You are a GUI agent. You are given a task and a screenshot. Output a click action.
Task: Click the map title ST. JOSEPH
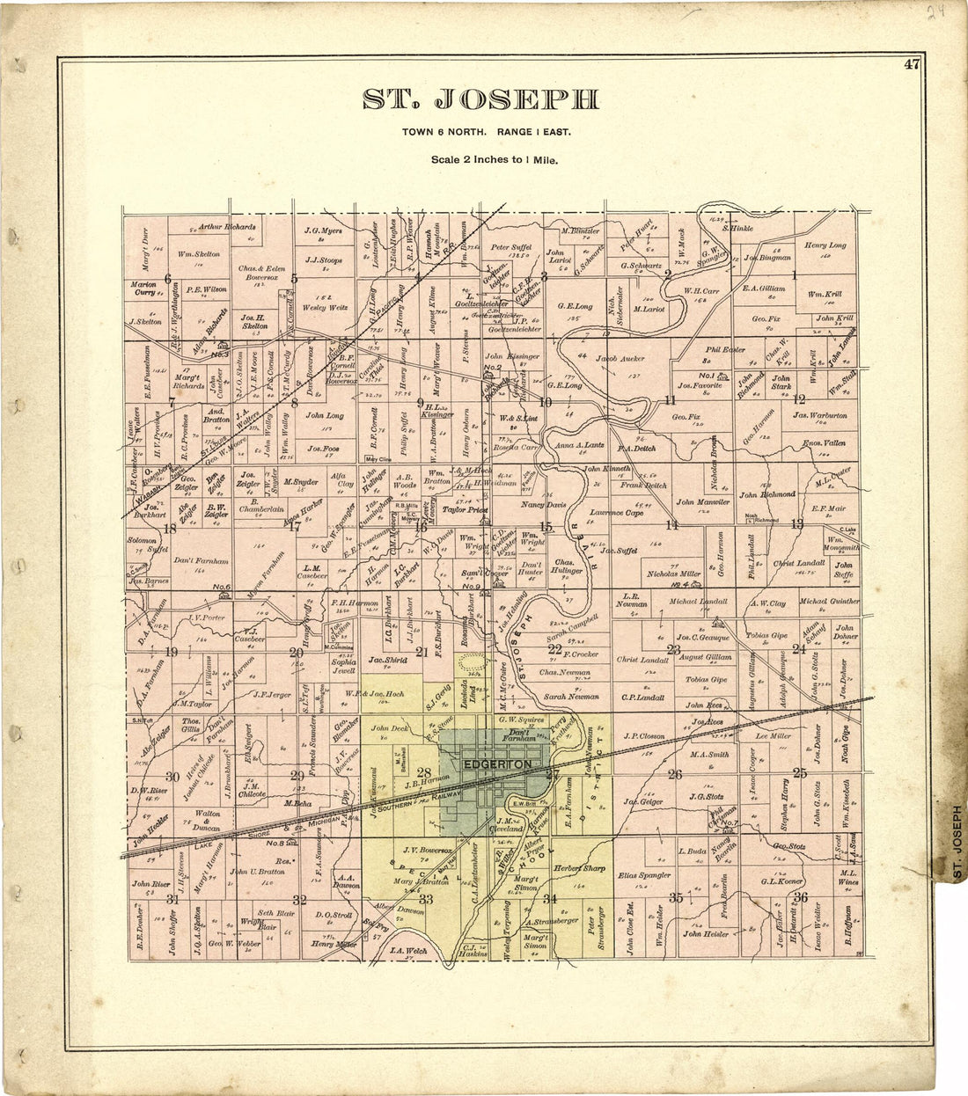tap(481, 99)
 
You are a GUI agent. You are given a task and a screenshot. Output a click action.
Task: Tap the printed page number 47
tap(911, 63)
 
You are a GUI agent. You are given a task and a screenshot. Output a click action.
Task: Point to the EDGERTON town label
tap(497, 765)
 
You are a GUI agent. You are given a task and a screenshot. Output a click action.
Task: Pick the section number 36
tap(801, 896)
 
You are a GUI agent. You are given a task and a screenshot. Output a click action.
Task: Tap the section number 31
tap(173, 898)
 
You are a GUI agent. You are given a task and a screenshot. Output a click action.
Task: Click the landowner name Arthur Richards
tap(227, 226)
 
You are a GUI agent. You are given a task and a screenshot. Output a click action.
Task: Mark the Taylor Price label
tap(466, 508)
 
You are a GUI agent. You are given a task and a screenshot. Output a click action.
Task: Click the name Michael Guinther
tap(829, 602)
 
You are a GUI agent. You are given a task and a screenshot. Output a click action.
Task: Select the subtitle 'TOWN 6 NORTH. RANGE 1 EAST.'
tap(487, 132)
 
